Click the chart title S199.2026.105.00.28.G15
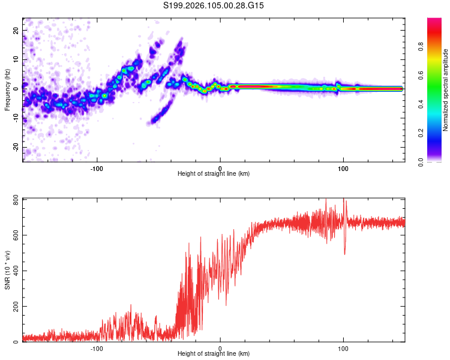coord(223,6)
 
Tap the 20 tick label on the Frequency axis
coord(16,30)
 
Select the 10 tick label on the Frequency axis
coord(16,59)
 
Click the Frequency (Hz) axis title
coord(7,90)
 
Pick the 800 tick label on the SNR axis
coord(13,199)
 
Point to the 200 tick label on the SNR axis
coord(13,307)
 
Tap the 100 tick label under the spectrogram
coord(343,168)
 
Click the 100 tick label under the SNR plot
coord(343,349)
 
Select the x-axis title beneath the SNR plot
coord(214,355)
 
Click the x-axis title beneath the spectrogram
coord(214,174)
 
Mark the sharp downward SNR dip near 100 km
coord(344,253)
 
